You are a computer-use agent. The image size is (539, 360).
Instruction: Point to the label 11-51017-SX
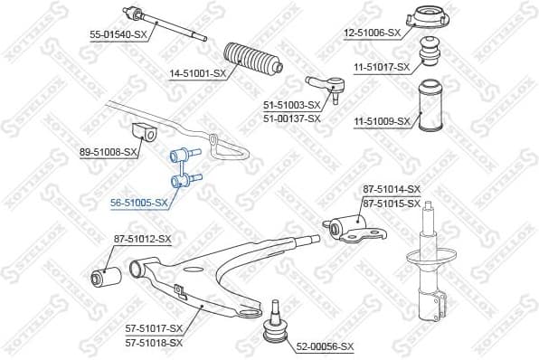pos(381,67)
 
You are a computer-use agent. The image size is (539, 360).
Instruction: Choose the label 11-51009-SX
pos(381,120)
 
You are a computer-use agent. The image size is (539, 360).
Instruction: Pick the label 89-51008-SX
pos(109,153)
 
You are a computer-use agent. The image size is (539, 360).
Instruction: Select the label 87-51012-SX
pos(142,239)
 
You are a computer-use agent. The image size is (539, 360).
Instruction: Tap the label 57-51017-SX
pos(153,327)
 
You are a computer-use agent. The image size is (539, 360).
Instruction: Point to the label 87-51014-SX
pos(392,188)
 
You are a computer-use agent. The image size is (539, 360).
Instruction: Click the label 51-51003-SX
pos(291,106)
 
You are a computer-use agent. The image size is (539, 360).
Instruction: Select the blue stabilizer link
pos(184,167)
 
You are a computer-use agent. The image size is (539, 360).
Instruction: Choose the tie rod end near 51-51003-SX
pos(326,86)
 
